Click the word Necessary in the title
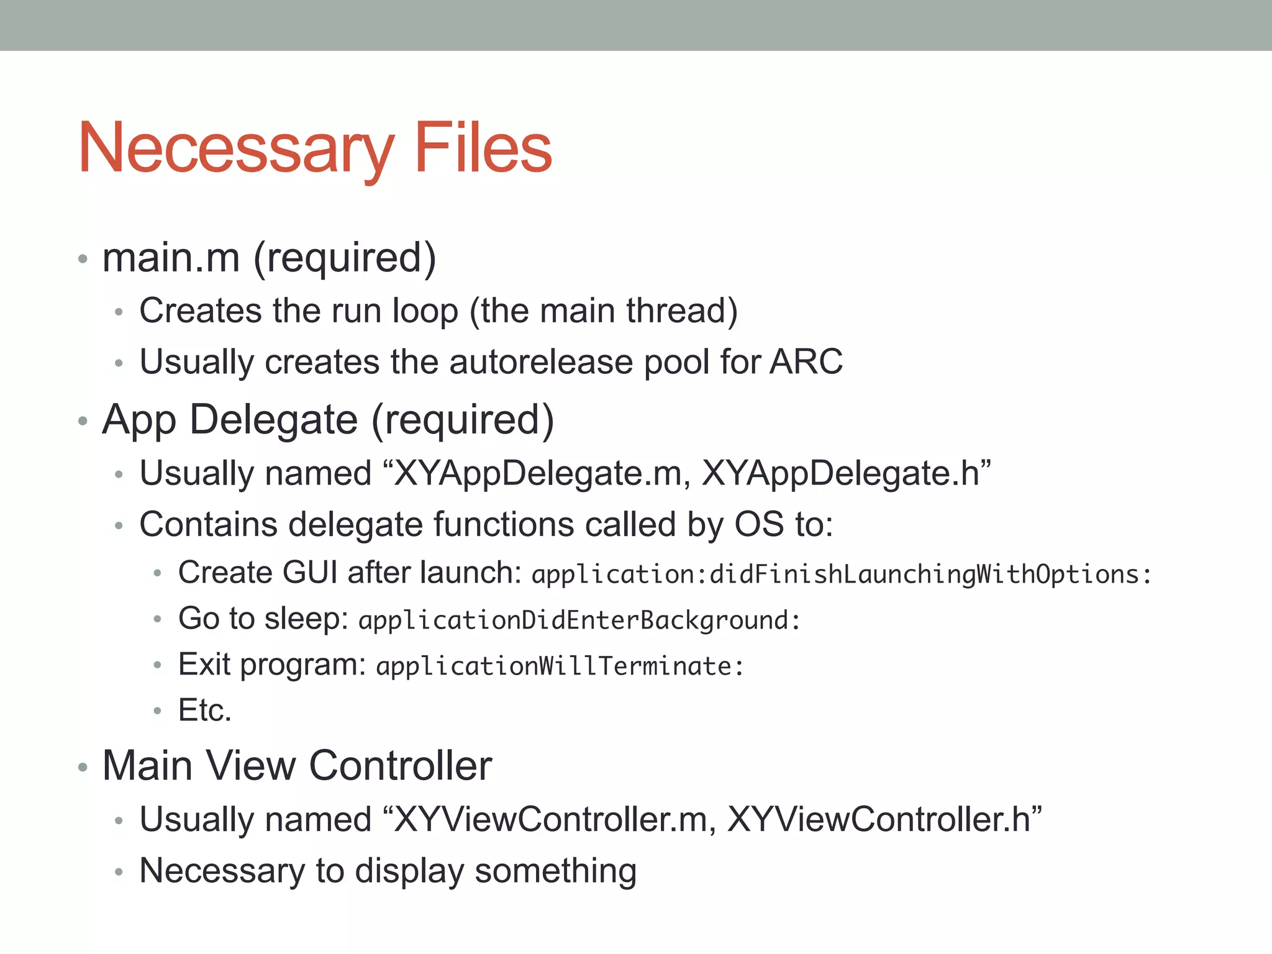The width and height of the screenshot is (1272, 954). (x=236, y=149)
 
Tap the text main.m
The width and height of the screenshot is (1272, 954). (x=171, y=258)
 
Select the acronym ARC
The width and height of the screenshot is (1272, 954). (x=806, y=361)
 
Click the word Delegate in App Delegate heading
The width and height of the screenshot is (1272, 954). (x=273, y=420)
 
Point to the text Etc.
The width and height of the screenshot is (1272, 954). (x=204, y=710)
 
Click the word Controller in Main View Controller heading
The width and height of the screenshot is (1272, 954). (x=401, y=765)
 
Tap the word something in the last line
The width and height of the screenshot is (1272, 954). (x=555, y=871)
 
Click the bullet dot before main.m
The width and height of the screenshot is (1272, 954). (x=83, y=259)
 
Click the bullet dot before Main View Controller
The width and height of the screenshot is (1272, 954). (x=83, y=767)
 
